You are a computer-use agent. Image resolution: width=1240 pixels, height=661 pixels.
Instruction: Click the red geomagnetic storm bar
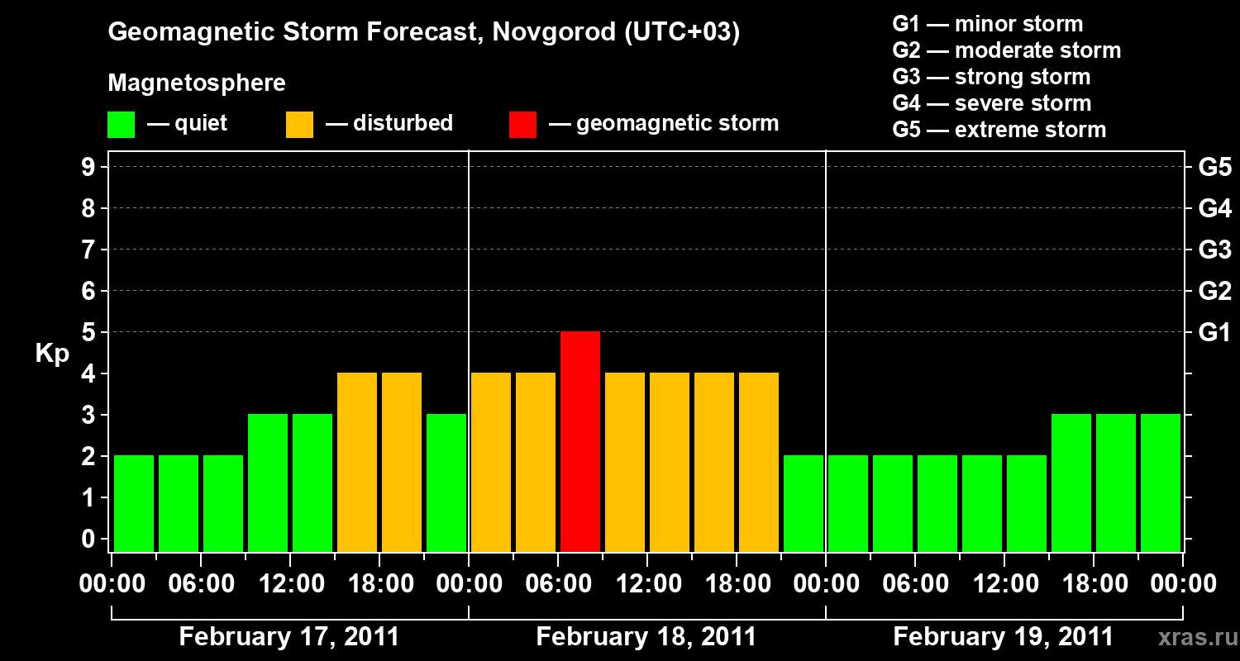point(580,441)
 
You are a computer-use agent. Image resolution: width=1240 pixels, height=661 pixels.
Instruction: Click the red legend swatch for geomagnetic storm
point(522,125)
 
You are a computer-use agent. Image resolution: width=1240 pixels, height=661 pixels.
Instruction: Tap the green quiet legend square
point(121,125)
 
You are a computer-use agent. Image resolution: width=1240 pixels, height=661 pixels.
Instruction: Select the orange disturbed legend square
point(299,125)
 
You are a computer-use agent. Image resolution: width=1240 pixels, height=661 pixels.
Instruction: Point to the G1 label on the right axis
point(1214,332)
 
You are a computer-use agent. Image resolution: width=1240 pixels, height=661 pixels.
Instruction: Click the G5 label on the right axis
point(1214,167)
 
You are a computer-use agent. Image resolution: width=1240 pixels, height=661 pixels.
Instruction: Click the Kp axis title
point(52,354)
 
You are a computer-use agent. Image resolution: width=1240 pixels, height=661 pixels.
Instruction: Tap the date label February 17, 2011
point(289,637)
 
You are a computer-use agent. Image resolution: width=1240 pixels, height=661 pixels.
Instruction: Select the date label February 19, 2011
point(1003,637)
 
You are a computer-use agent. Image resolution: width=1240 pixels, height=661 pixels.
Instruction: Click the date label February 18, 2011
point(646,637)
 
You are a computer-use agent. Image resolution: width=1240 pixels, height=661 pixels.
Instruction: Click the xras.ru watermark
point(1196,638)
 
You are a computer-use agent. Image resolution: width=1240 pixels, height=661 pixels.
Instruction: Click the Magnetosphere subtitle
point(197,83)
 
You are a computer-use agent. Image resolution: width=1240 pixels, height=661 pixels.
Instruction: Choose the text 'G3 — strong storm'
point(991,77)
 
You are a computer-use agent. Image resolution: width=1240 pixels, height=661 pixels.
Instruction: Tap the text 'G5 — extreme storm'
point(999,130)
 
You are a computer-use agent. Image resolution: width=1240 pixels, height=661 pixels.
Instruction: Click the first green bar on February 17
point(134,502)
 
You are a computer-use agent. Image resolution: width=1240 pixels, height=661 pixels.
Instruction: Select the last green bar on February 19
point(1161,483)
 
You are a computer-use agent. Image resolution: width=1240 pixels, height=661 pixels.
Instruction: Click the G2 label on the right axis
point(1214,291)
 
